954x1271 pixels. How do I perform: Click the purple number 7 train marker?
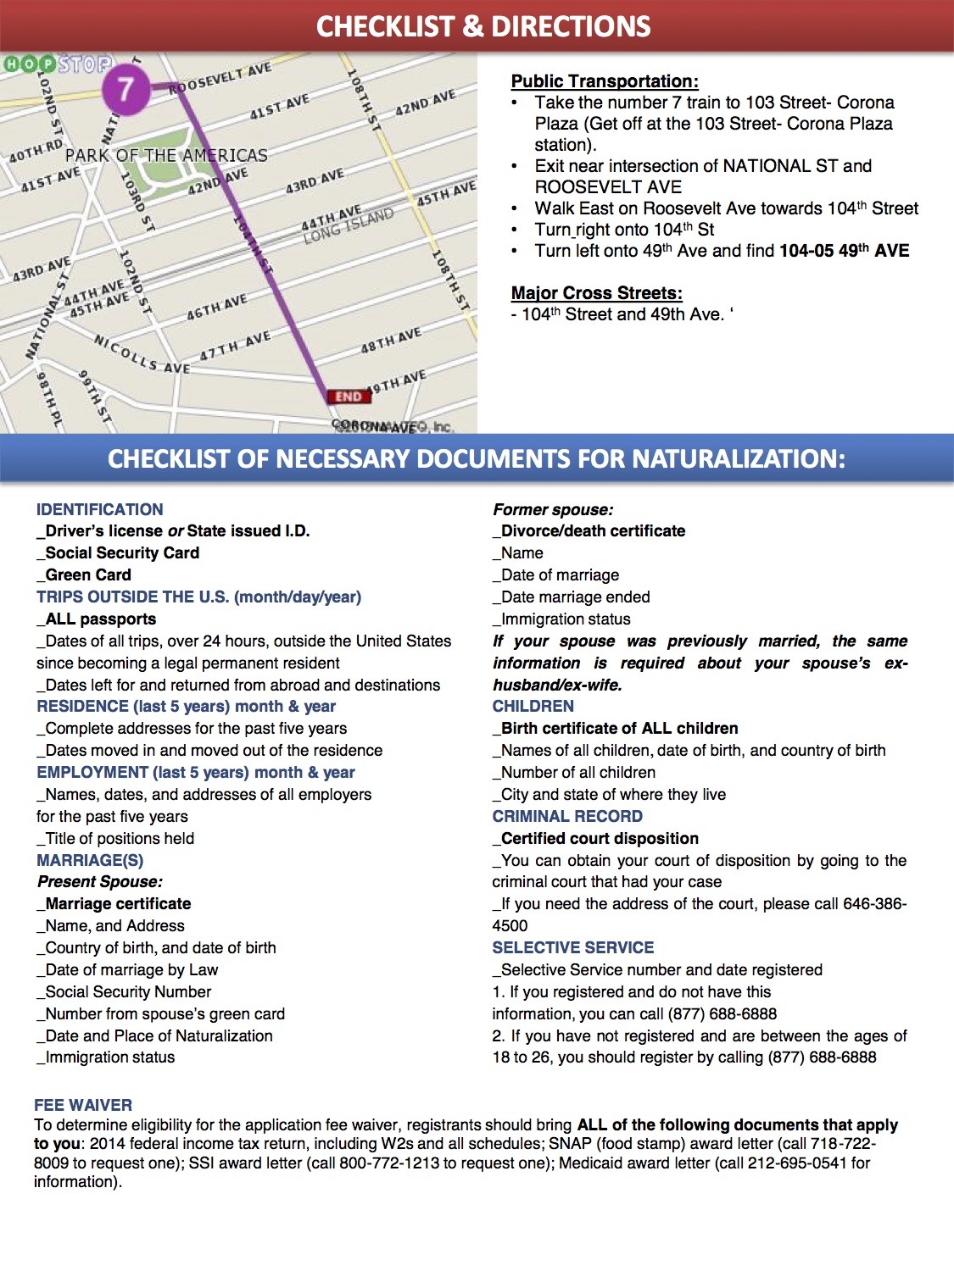pyautogui.click(x=126, y=88)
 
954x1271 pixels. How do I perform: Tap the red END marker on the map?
pyautogui.click(x=349, y=396)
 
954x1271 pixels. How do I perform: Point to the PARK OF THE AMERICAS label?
pyautogui.click(x=166, y=156)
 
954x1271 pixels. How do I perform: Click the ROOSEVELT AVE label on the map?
pyautogui.click(x=220, y=78)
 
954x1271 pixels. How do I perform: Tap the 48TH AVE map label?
pyautogui.click(x=391, y=341)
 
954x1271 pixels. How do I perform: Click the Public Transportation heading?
pyautogui.click(x=605, y=81)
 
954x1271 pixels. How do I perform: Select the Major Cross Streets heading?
pyautogui.click(x=596, y=293)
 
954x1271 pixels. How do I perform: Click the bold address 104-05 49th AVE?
pyautogui.click(x=844, y=251)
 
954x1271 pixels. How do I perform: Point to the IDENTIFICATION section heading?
pyautogui.click(x=100, y=509)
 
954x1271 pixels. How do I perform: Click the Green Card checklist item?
pyautogui.click(x=87, y=574)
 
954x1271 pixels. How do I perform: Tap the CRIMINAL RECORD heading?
pyautogui.click(x=567, y=816)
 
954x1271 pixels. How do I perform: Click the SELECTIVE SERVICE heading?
pyautogui.click(x=573, y=947)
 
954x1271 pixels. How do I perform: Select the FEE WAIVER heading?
pyautogui.click(x=83, y=1105)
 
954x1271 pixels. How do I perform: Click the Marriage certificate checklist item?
pyautogui.click(x=117, y=903)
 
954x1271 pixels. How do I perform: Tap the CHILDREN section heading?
pyautogui.click(x=533, y=706)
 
